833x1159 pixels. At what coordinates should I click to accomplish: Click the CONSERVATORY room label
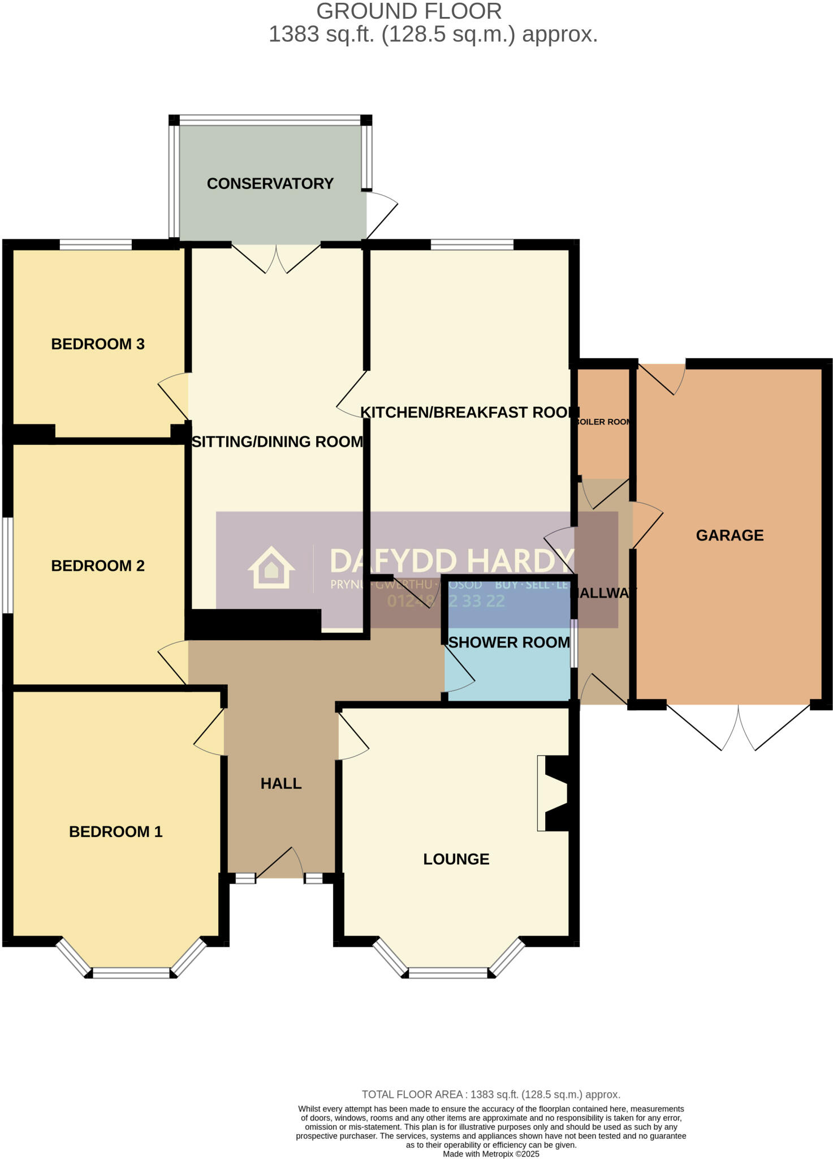pos(270,183)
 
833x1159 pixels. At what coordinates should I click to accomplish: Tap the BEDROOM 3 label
pos(98,344)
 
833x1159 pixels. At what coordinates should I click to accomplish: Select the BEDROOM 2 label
pos(98,565)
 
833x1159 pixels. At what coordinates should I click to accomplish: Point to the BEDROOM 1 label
pos(115,831)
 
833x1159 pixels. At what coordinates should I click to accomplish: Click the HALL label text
pos(281,783)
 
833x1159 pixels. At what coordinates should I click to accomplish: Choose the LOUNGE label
pos(456,859)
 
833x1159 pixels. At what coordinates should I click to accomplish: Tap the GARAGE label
pos(730,535)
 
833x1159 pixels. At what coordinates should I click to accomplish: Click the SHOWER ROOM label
pos(509,642)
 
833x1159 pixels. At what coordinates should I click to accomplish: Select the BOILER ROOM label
pos(603,422)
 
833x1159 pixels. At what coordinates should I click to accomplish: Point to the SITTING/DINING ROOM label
pos(277,441)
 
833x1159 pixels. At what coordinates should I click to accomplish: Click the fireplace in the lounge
pos(555,793)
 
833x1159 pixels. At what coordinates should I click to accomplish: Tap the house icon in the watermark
pos(271,567)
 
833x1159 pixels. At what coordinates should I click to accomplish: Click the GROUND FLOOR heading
pos(408,11)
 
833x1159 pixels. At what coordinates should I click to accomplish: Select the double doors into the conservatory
pos(277,259)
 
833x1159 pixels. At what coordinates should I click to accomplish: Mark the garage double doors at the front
pos(738,728)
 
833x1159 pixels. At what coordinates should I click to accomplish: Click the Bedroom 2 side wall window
pos(7,565)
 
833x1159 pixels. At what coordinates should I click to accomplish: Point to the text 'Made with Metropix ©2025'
pos(491,1153)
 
